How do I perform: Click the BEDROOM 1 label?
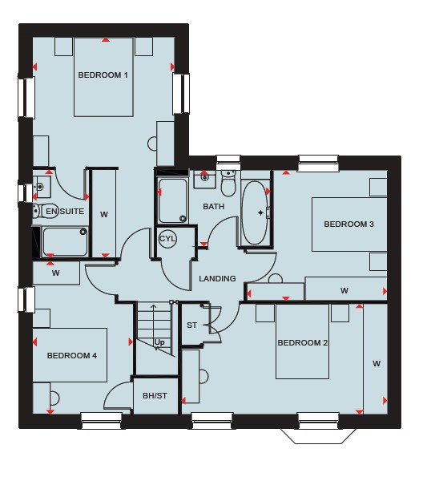tap(103, 75)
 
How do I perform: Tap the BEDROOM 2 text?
tap(303, 343)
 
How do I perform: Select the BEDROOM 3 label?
tap(348, 224)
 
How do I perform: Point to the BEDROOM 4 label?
tap(72, 355)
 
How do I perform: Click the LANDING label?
tap(217, 278)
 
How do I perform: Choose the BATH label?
tap(214, 207)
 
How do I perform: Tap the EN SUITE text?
tap(65, 211)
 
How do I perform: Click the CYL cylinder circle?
tap(167, 239)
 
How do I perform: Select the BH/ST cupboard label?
tap(155, 396)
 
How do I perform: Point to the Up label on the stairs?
tap(159, 342)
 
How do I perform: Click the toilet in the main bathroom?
tap(228, 183)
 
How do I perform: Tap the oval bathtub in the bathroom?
tap(254, 213)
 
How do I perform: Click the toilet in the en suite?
tap(44, 211)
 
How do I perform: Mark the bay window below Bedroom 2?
tap(318, 435)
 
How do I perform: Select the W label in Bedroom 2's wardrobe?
tap(377, 363)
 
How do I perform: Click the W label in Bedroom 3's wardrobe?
tap(344, 290)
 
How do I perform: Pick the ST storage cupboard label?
tap(191, 325)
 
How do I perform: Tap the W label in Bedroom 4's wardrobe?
tap(55, 273)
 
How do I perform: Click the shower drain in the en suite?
tap(83, 232)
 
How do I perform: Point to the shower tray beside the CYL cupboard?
tap(172, 200)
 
